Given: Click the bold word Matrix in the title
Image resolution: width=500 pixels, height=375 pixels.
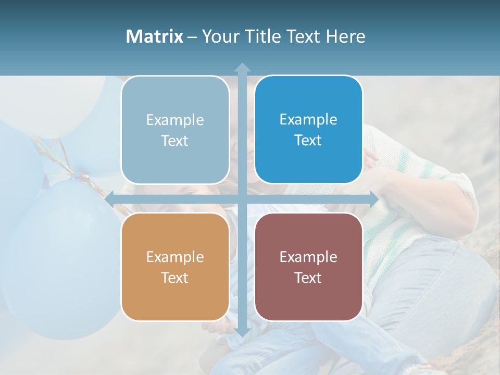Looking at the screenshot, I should click(x=155, y=36).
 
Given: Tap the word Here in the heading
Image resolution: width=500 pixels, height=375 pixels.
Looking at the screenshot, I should click(x=345, y=36).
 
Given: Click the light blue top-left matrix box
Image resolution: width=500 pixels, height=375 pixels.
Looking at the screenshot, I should click(x=175, y=130).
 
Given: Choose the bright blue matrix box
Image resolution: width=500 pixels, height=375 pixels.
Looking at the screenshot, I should click(x=308, y=130).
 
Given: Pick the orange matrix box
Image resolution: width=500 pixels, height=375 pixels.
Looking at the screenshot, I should click(x=175, y=267).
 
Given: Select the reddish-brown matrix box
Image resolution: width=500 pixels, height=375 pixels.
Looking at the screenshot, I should click(x=308, y=267).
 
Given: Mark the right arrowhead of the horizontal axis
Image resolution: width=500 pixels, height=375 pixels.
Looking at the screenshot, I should click(x=373, y=199).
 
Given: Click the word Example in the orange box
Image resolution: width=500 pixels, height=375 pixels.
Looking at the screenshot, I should click(x=175, y=257).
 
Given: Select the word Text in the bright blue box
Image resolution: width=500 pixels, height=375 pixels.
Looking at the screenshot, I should click(x=308, y=140).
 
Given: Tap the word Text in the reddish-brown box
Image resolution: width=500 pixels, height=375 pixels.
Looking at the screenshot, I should click(x=308, y=278).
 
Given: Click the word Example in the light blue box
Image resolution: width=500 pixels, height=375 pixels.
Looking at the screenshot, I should click(x=175, y=120).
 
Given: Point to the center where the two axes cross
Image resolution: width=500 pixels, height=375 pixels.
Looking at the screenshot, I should click(x=242, y=199).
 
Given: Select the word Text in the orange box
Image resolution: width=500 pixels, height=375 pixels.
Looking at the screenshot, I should click(x=175, y=278).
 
